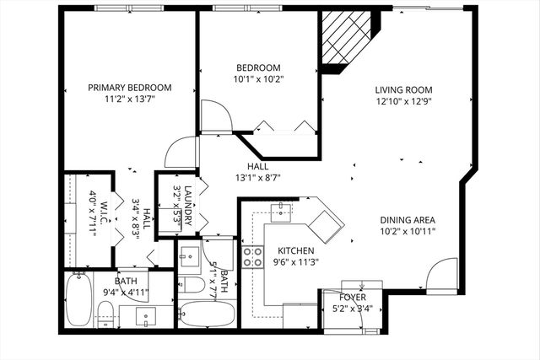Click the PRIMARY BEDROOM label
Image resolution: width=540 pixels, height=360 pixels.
click(131, 88)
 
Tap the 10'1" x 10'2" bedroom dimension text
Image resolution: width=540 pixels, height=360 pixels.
click(259, 81)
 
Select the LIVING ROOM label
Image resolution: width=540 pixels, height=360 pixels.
click(404, 89)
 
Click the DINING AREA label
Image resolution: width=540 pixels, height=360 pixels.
click(407, 221)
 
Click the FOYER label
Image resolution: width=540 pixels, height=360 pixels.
click(352, 297)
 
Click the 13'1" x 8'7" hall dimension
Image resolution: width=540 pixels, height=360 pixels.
click(257, 178)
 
